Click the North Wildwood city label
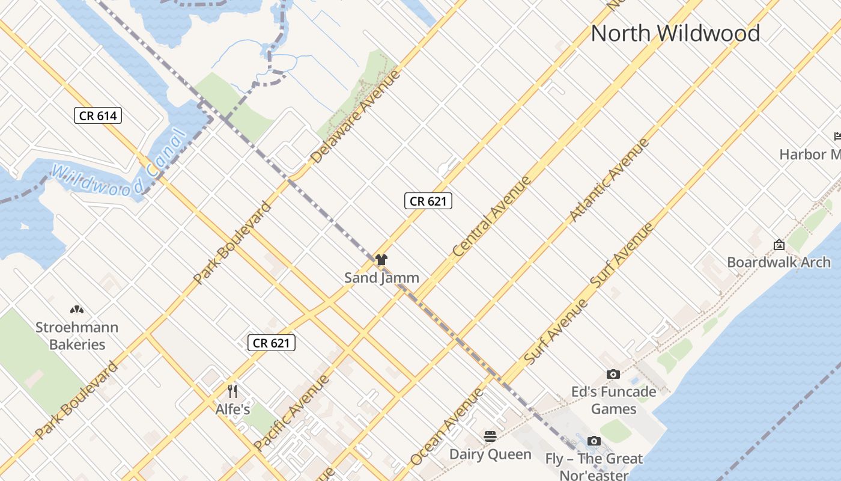tap(675, 33)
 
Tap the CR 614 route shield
tap(98, 115)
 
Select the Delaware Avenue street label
tap(356, 117)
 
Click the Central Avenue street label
tap(492, 216)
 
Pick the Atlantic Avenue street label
tap(609, 180)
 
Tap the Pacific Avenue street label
tap(291, 412)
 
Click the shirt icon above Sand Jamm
tap(381, 260)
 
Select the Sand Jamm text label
tap(381, 278)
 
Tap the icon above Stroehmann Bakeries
tap(76, 310)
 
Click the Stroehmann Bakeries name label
tap(77, 336)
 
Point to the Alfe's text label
tap(232, 410)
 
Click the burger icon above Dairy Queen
tap(490, 437)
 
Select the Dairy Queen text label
tap(490, 454)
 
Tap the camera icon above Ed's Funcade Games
tap(613, 375)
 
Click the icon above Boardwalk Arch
tap(779, 245)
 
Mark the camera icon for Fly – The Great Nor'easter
tap(594, 441)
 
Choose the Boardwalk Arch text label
tap(779, 262)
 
